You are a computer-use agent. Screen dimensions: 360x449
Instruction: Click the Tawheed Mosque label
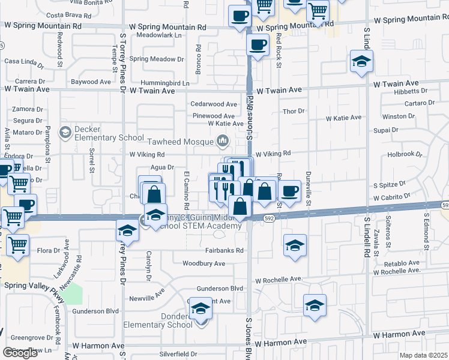pyautogui.click(x=183, y=142)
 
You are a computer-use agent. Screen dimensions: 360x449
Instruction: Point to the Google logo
pyautogui.click(x=20, y=353)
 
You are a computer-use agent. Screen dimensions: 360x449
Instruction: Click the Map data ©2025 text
pyautogui.click(x=424, y=355)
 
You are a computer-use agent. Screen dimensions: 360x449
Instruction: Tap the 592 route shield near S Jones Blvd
pyautogui.click(x=270, y=220)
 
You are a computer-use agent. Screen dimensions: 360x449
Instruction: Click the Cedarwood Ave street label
pyautogui.click(x=214, y=104)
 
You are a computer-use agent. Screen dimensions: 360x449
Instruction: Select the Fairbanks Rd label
pyautogui.click(x=226, y=251)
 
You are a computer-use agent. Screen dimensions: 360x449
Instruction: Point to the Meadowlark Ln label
pyautogui.click(x=159, y=35)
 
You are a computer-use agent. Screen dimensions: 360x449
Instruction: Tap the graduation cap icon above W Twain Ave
pyautogui.click(x=362, y=61)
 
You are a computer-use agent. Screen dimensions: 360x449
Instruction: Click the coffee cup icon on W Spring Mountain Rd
pyautogui.click(x=240, y=16)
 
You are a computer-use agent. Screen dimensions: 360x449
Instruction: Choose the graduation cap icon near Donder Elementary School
pyautogui.click(x=201, y=308)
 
